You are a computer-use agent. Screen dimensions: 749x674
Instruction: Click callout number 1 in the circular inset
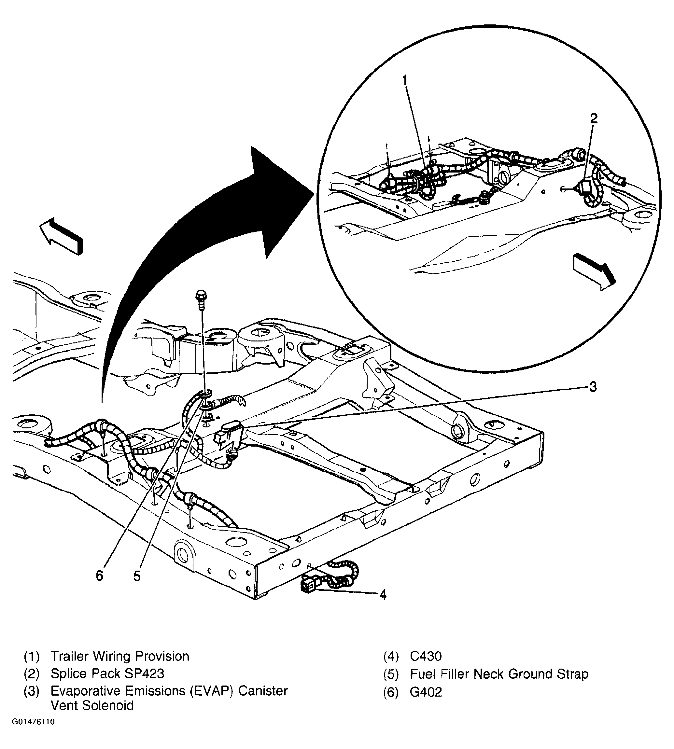pyautogui.click(x=405, y=80)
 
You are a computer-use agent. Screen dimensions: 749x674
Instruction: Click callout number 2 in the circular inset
pyautogui.click(x=594, y=118)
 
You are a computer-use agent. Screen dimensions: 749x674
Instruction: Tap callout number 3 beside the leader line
pyautogui.click(x=593, y=387)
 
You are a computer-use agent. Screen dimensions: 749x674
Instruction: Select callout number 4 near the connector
pyautogui.click(x=383, y=595)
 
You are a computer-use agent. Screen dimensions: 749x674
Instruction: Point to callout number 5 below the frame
pyautogui.click(x=137, y=576)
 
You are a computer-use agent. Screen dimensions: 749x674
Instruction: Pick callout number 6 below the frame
pyautogui.click(x=99, y=576)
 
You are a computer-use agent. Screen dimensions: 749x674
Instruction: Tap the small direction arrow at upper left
pyautogui.click(x=61, y=235)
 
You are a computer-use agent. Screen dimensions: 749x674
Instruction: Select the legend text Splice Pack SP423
pyautogui.click(x=107, y=674)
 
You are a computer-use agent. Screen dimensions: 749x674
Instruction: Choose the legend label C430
pyautogui.click(x=426, y=657)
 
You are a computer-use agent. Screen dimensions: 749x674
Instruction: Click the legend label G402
pyautogui.click(x=426, y=692)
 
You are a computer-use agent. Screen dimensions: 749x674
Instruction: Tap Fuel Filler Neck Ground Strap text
pyautogui.click(x=499, y=674)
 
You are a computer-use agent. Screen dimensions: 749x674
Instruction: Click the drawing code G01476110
pyautogui.click(x=33, y=722)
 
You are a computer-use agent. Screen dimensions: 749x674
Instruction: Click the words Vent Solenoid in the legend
pyautogui.click(x=92, y=706)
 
